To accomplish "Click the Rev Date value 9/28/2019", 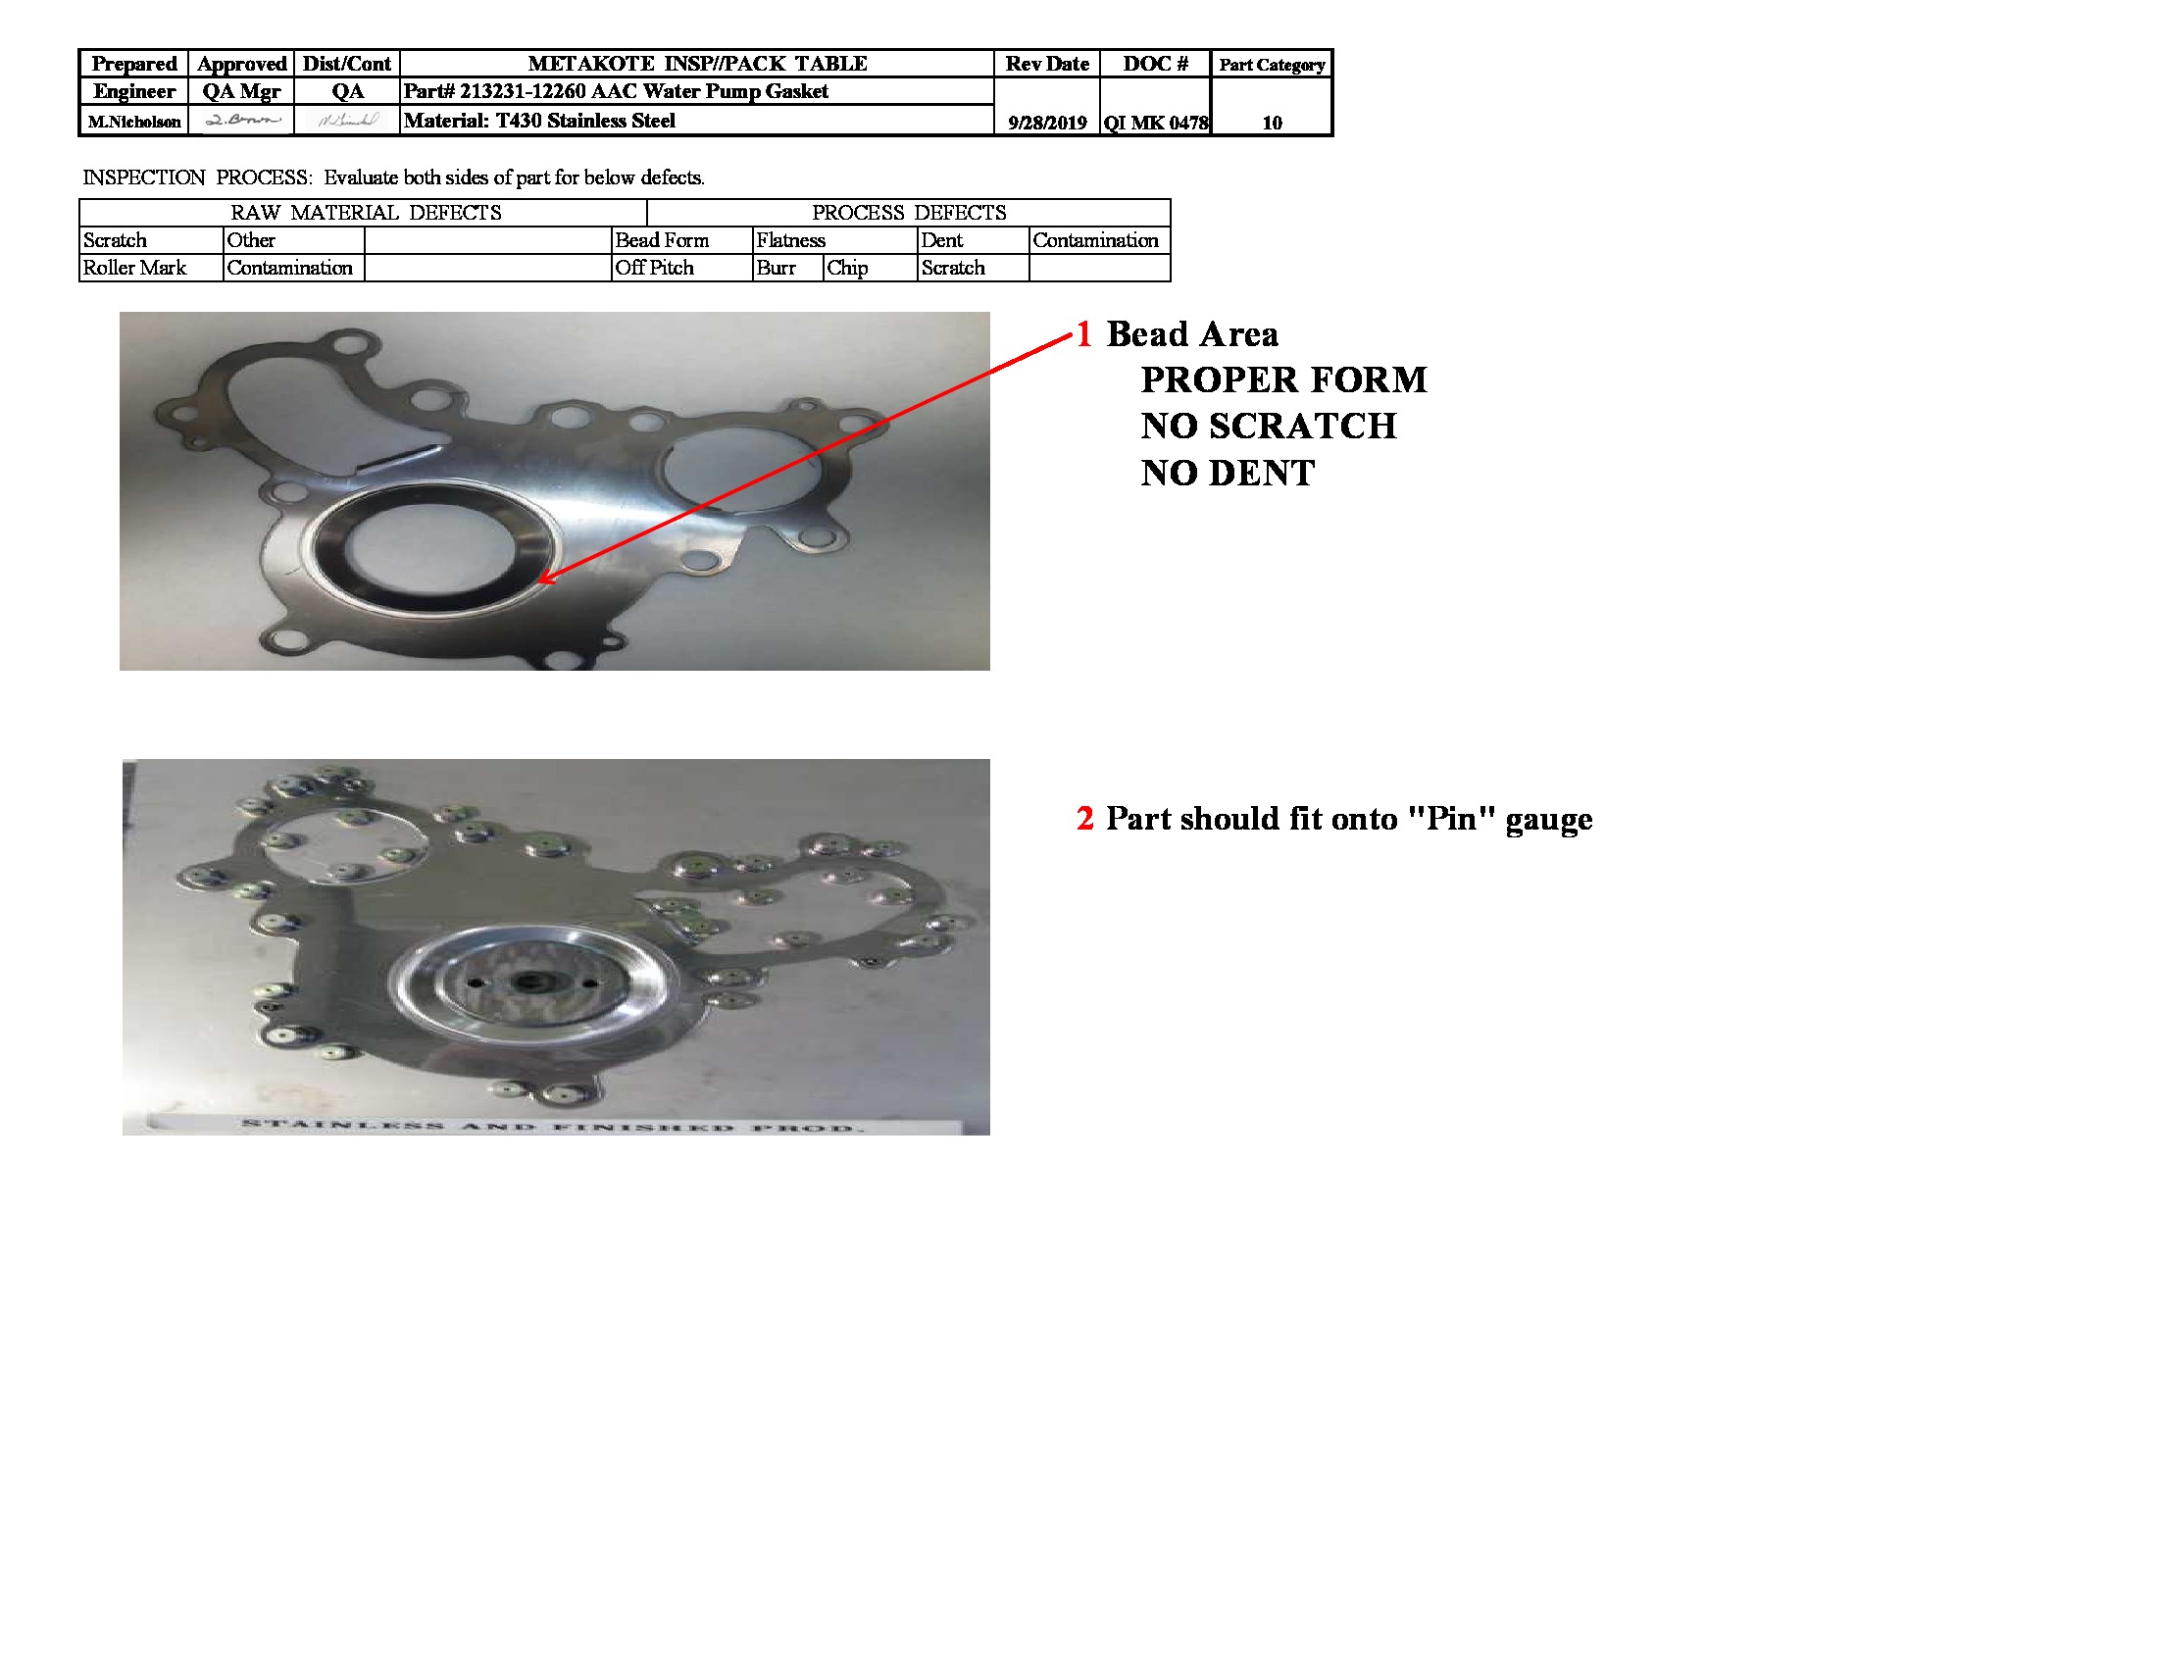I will click(1047, 123).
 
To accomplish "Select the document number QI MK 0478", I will click(1156, 123).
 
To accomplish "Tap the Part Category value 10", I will click(1271, 123).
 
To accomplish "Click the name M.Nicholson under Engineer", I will click(134, 122).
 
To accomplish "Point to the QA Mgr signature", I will click(242, 121).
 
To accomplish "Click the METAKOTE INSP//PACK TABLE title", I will click(697, 63).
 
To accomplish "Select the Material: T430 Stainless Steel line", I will click(539, 121).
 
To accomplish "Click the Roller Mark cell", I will click(134, 268).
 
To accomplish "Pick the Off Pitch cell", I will click(654, 268).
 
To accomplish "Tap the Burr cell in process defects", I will click(777, 268).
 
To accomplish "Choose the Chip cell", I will click(847, 268).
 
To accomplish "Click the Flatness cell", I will click(790, 240).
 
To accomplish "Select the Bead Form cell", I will click(662, 240).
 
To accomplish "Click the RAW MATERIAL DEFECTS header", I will click(366, 213).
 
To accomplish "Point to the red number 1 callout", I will click(1083, 334).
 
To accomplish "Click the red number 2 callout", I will click(1084, 819).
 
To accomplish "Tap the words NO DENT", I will click(1228, 473).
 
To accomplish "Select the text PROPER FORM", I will click(1283, 379).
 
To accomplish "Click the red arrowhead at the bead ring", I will click(544, 579).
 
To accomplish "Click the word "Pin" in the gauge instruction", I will click(1452, 819).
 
